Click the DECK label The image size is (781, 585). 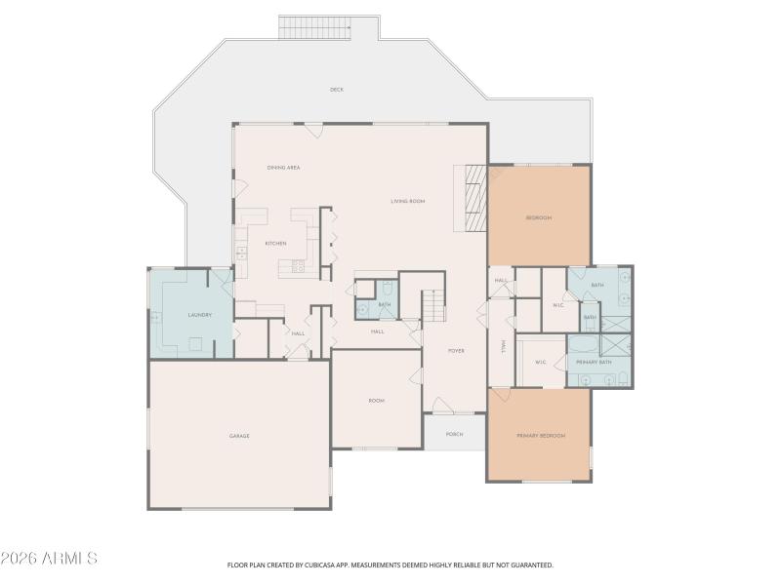click(x=337, y=90)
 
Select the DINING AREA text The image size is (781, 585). click(x=283, y=168)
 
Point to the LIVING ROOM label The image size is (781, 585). click(x=408, y=202)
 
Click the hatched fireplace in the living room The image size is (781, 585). click(x=474, y=199)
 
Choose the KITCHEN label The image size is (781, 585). click(x=275, y=243)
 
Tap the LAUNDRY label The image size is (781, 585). click(x=200, y=315)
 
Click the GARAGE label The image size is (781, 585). click(x=239, y=436)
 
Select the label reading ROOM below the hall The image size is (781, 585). click(x=377, y=401)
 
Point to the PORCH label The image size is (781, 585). click(x=454, y=434)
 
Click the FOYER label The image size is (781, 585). click(x=456, y=350)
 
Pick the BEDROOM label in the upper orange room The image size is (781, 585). click(x=539, y=217)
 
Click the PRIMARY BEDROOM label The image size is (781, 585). click(x=541, y=436)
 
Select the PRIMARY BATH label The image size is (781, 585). click(x=594, y=362)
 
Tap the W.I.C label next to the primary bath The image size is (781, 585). click(x=541, y=362)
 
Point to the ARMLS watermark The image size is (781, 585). click(x=49, y=559)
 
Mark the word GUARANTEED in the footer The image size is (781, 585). click(x=532, y=565)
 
